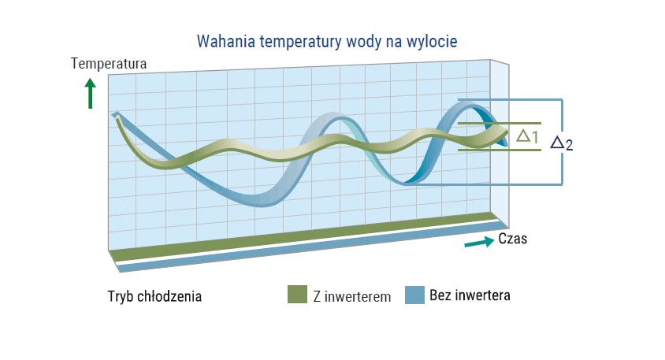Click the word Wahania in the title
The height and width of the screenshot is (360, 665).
click(x=226, y=42)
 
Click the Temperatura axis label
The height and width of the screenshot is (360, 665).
click(x=109, y=64)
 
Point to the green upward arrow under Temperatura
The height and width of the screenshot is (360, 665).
click(x=91, y=94)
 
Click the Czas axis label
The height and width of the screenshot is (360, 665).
click(x=512, y=239)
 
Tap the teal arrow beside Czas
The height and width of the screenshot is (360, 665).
click(x=479, y=242)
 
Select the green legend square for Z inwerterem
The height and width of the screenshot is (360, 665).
click(x=297, y=295)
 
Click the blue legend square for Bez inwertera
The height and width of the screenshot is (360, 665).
click(x=414, y=295)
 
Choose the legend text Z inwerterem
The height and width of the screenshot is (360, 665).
click(x=352, y=296)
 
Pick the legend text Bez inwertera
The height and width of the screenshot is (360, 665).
click(x=470, y=295)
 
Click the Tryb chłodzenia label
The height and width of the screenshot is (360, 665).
click(x=154, y=296)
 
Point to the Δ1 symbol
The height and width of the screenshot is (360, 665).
click(x=527, y=136)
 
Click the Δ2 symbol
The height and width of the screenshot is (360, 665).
click(x=562, y=143)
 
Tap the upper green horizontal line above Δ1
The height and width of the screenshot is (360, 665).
click(x=500, y=124)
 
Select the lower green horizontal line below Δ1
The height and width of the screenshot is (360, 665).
click(x=500, y=150)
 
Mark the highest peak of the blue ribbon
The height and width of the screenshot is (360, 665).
click(x=467, y=103)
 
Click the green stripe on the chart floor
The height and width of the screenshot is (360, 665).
click(x=304, y=236)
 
